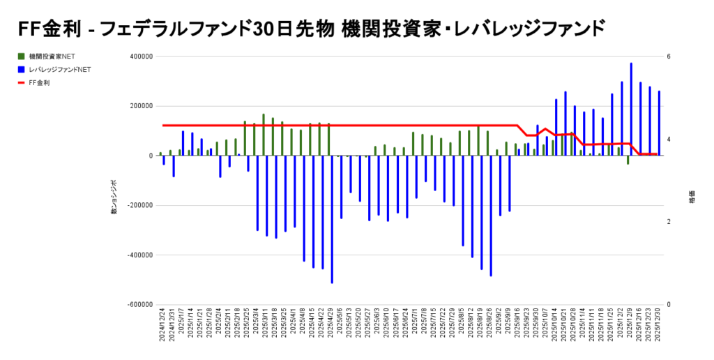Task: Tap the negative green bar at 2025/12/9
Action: click(x=628, y=160)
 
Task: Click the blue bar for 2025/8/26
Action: click(x=491, y=216)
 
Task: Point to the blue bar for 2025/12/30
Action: click(x=659, y=123)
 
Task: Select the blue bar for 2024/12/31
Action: click(x=174, y=166)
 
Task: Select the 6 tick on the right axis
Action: click(x=668, y=57)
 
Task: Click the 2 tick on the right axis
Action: click(x=668, y=222)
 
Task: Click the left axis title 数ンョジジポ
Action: click(x=114, y=197)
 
